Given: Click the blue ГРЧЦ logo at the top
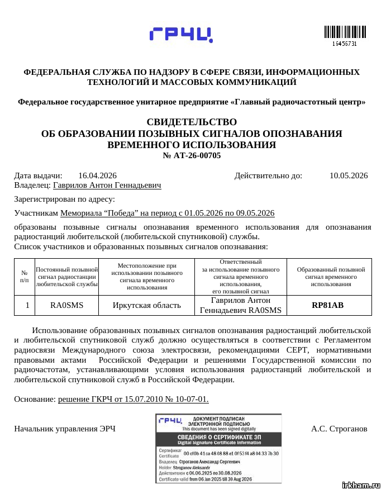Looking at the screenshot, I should coord(181,35).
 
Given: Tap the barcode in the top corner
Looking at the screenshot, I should coord(344,32).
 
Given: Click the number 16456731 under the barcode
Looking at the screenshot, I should coord(344,44).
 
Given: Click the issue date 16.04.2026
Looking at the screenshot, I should coord(97,175).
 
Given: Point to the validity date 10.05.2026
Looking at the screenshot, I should coord(349,175).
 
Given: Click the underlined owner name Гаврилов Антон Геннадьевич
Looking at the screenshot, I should coord(107,185).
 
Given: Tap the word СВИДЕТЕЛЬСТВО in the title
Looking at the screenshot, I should coord(192,122).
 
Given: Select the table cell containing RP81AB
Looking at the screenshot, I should coord(328,305).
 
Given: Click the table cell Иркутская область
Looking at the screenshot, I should coord(146,305).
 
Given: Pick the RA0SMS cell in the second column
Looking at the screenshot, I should coord(66,305).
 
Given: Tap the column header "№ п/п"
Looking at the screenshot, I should coord(25,277).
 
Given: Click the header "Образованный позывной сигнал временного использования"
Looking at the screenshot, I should coord(328,277).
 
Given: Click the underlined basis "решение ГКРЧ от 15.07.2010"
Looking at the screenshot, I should coord(133,399).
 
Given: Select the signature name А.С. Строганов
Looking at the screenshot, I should coord(339,429).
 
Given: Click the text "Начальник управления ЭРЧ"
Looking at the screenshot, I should coord(64,429).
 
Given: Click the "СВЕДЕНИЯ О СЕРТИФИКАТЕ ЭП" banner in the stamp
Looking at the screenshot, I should coord(219,437).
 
